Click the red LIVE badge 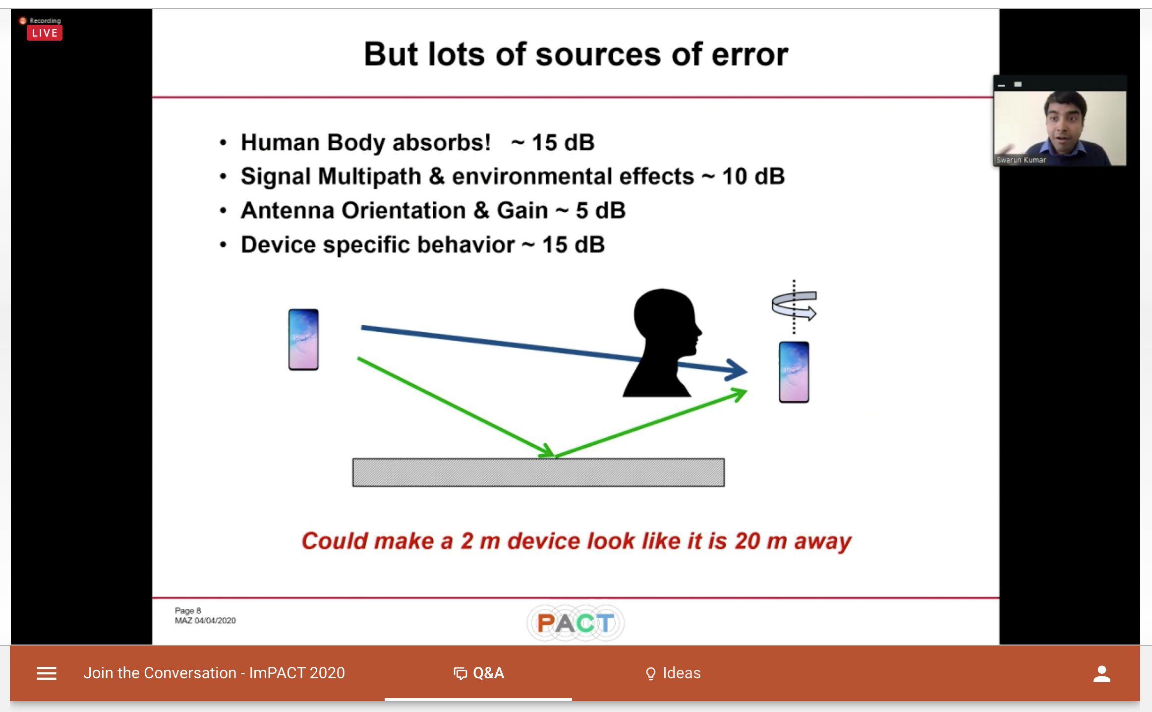[45, 33]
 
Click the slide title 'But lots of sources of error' [576, 54]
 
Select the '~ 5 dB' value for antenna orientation [591, 211]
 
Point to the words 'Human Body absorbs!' [366, 143]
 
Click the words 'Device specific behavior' [378, 245]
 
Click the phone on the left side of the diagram [303, 340]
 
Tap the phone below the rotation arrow [794, 372]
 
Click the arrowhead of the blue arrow [737, 370]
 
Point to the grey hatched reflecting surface [538, 473]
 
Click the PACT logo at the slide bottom [576, 623]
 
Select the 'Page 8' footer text [188, 611]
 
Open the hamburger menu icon [47, 673]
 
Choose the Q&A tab [479, 673]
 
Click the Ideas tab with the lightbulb [673, 673]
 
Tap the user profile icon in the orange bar [1102, 674]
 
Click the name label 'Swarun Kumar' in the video [1021, 160]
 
